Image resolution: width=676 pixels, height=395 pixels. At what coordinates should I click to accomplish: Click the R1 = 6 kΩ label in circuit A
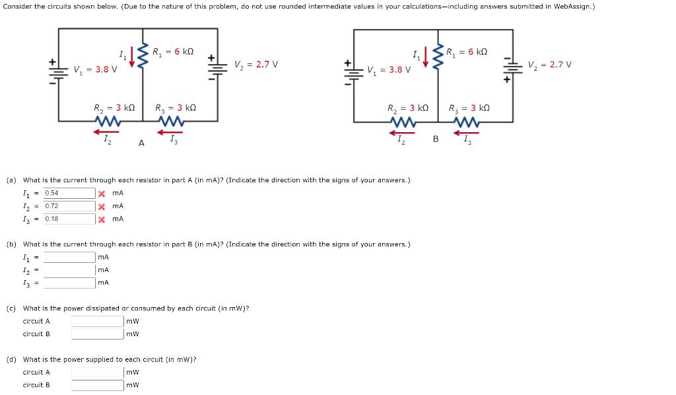coord(172,52)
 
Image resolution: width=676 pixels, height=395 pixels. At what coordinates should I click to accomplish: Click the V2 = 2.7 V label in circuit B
coord(550,65)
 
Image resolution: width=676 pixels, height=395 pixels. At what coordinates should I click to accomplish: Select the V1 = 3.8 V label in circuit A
coord(96,69)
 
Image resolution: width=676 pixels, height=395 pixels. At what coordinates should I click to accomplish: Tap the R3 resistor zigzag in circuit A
coord(172,122)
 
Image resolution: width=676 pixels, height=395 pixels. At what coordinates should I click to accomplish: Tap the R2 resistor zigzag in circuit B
coord(402,122)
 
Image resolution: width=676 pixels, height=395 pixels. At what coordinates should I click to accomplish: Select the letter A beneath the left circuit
coord(141,142)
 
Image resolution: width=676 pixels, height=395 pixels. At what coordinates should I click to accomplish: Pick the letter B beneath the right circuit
coord(436,139)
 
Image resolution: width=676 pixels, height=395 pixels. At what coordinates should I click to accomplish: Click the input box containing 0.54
coord(69,193)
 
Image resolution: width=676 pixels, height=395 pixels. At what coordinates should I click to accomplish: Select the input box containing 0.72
coord(69,206)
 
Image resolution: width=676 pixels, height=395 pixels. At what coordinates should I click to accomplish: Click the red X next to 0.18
coord(102,219)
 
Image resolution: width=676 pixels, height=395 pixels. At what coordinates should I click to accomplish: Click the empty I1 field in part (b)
coord(69,257)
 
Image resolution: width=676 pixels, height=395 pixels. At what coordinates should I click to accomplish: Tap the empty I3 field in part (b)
coord(69,283)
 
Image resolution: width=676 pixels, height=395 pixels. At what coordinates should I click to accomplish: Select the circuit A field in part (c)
coord(98,321)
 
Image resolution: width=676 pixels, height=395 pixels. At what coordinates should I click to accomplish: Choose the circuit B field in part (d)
coord(98,384)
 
